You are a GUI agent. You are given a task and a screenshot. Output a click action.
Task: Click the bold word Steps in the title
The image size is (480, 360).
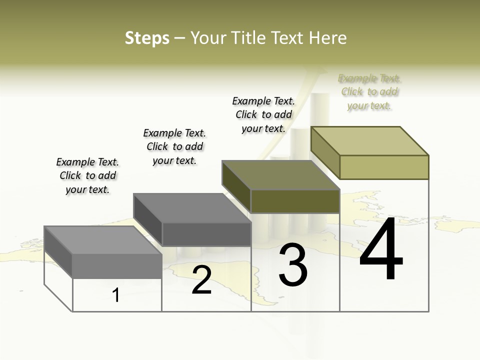tap(147, 38)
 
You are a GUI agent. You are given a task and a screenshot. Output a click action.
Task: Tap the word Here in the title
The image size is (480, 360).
tap(328, 38)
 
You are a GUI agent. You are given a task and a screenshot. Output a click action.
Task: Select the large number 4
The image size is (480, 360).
tap(381, 249)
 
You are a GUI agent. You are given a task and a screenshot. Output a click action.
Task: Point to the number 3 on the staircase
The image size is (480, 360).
tap(292, 265)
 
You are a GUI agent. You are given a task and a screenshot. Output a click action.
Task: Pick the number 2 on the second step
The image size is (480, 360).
tap(201, 280)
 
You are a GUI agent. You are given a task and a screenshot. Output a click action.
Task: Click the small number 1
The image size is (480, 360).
tap(116, 295)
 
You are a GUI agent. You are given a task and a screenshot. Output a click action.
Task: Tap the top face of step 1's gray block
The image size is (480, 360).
tap(102, 240)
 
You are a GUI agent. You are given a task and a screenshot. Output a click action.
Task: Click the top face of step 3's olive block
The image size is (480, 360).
tap(280, 175)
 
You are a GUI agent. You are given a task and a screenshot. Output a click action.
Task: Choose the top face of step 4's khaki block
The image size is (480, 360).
tap(369, 141)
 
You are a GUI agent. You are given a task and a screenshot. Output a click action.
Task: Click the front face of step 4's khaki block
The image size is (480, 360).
tap(384, 167)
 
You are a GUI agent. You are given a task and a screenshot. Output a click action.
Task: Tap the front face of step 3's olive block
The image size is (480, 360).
tap(295, 201)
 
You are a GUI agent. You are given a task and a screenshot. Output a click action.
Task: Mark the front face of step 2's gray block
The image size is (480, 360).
tap(206, 234)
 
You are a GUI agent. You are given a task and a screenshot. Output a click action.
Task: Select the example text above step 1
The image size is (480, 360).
tap(87, 175)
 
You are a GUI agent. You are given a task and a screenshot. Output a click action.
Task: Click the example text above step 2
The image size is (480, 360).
tap(174, 146)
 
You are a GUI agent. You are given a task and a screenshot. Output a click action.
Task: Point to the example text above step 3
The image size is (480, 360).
tap(263, 114)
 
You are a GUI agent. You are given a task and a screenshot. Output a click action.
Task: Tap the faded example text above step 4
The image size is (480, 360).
tap(369, 92)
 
